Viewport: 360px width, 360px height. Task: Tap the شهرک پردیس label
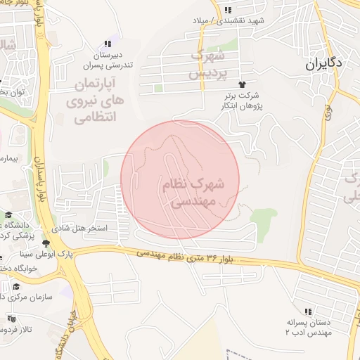(x=207, y=63)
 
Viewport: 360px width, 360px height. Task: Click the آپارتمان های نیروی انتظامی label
(x=98, y=101)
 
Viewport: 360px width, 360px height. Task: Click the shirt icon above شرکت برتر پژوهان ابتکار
(x=244, y=83)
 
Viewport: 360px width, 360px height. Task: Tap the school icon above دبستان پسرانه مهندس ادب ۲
(x=307, y=311)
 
